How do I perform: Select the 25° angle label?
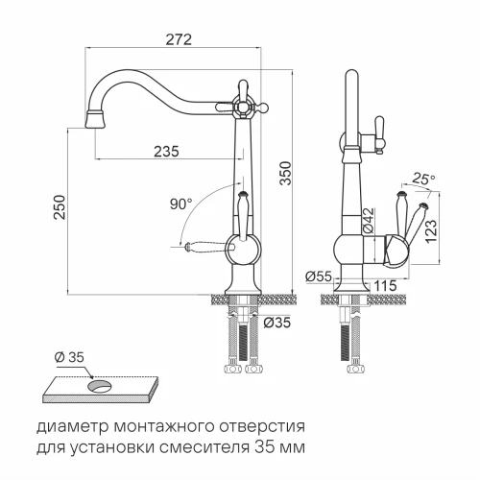pyautogui.click(x=423, y=179)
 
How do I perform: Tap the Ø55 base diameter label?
pyautogui.click(x=319, y=276)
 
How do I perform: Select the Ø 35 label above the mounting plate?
pyautogui.click(x=70, y=358)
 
